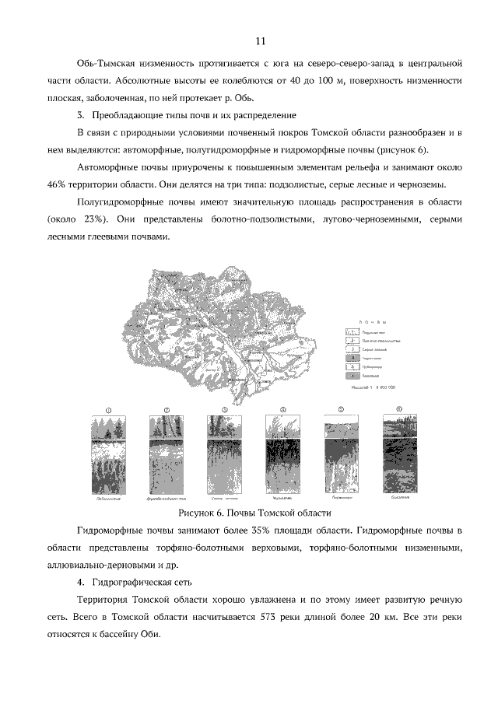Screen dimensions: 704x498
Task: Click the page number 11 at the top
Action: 261,40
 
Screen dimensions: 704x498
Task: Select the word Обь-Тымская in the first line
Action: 110,61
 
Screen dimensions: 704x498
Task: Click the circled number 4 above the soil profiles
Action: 283,409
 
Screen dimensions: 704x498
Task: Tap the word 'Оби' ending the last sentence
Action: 151,634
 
